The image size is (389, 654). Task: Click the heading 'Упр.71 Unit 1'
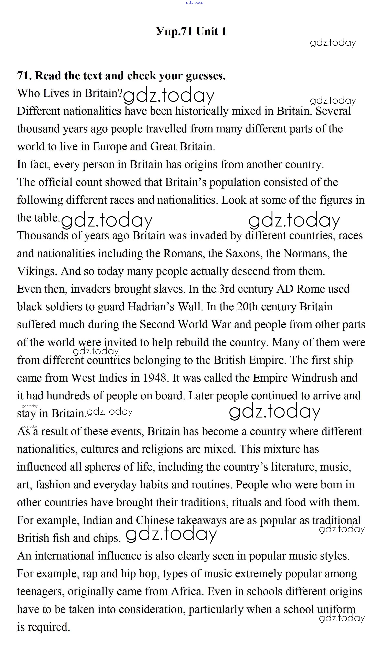[x=191, y=31]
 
